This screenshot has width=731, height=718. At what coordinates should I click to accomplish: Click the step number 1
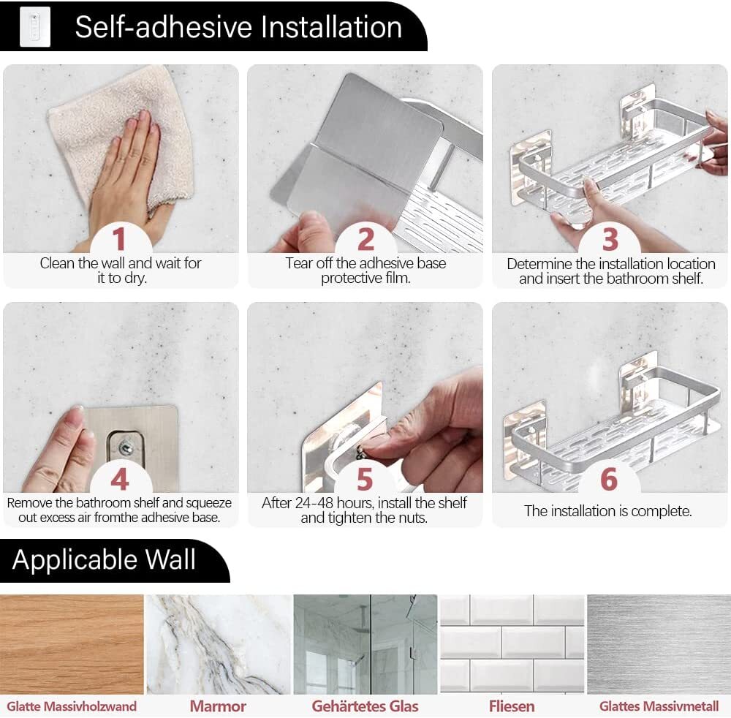coord(119,238)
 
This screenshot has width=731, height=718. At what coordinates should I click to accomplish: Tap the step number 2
coord(366,239)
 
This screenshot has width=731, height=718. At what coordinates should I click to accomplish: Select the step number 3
coord(610,239)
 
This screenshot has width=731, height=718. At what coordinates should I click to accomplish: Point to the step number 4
coord(120,479)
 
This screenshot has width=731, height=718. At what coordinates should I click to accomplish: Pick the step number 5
coord(365,480)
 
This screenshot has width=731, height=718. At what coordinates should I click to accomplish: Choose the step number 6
coord(610,480)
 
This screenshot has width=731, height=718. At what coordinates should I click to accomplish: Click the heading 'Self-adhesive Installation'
coord(238,27)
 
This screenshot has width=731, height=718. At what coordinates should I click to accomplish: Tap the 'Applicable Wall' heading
coord(104,560)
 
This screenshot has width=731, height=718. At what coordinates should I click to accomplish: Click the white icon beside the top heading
coord(35,26)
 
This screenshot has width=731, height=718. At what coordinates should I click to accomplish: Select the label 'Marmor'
coord(218,706)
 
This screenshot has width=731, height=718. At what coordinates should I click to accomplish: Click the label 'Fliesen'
coord(512,706)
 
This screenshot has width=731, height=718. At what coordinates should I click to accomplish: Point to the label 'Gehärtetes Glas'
coord(365,706)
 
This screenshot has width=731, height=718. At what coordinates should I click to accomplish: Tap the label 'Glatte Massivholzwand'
coord(72,706)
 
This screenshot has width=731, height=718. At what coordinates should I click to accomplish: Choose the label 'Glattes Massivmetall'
coord(659,706)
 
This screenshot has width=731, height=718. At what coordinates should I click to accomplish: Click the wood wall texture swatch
coord(72,644)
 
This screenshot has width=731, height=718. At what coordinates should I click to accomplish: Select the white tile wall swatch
coord(512,644)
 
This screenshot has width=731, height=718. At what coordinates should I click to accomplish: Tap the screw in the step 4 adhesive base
coord(126,448)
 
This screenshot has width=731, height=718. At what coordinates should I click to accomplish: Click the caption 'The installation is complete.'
coord(608,511)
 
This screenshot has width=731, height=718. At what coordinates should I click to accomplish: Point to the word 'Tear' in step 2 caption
coord(299,263)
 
